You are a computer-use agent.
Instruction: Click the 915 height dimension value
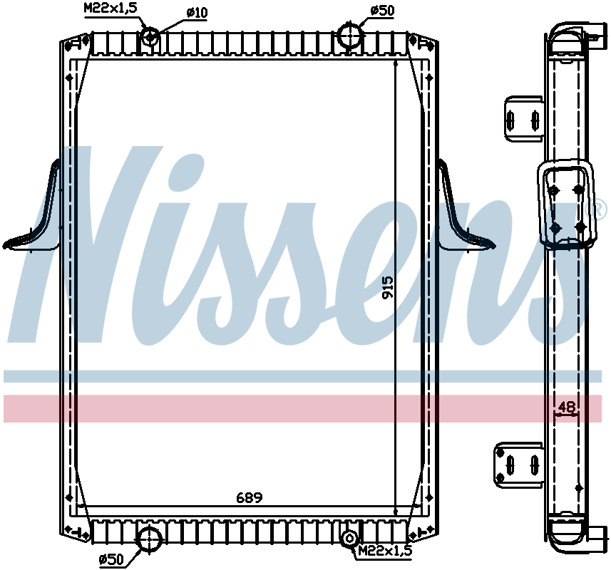[x=388, y=288]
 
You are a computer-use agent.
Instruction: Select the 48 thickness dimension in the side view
[x=567, y=407]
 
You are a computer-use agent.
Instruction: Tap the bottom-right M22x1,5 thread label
[x=385, y=550]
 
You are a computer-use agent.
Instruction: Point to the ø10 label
[x=197, y=12]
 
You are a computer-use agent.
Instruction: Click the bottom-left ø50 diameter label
[x=113, y=559]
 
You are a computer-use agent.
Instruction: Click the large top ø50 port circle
[x=350, y=35]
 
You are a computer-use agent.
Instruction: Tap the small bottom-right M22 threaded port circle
[x=349, y=539]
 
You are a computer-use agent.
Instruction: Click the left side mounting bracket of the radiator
[x=36, y=214]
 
